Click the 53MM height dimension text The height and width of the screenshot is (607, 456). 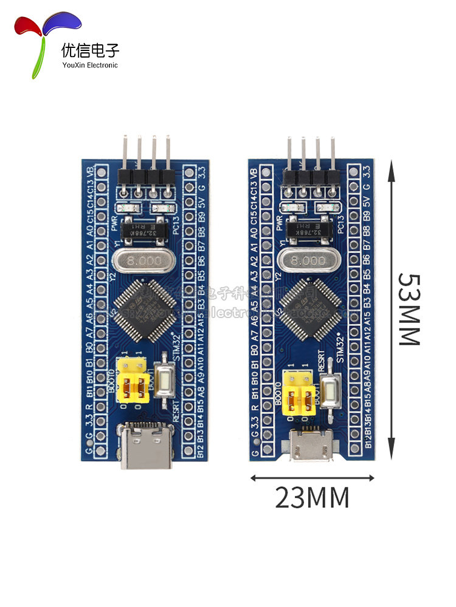[x=409, y=308]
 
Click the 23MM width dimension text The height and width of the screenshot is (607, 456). [x=312, y=498]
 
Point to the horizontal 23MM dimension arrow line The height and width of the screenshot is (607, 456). [x=312, y=478]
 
